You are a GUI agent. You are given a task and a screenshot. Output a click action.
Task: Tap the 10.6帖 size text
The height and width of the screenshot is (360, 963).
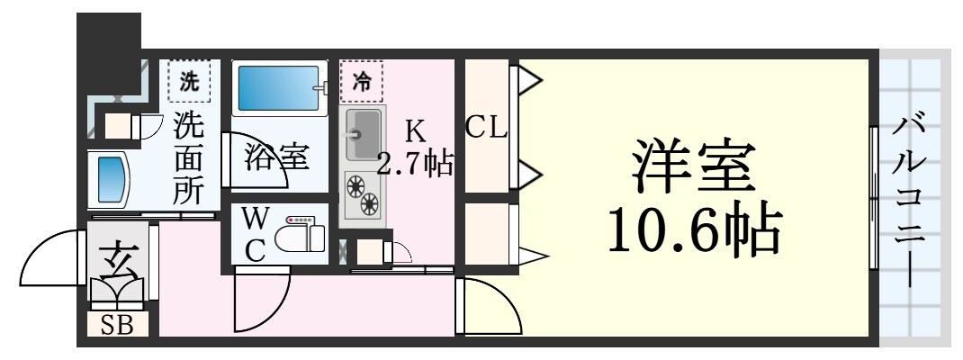pyautogui.click(x=692, y=231)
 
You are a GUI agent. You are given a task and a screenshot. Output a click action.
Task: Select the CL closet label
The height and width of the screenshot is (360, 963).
pyautogui.click(x=486, y=129)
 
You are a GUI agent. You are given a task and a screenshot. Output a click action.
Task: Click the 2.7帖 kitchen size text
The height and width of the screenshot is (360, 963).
pyautogui.click(x=414, y=165)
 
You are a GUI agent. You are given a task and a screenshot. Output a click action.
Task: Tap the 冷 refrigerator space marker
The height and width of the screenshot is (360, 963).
pyautogui.click(x=361, y=82)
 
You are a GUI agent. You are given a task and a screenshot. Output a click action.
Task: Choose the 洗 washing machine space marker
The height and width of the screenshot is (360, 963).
pyautogui.click(x=188, y=81)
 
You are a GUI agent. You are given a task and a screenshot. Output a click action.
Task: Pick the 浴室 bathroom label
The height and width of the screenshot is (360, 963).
pyautogui.click(x=275, y=157)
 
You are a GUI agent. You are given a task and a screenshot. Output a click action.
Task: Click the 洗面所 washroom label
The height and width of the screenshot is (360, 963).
pyautogui.click(x=188, y=158)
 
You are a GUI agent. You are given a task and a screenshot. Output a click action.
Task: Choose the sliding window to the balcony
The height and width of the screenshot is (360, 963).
pyautogui.click(x=873, y=198)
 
